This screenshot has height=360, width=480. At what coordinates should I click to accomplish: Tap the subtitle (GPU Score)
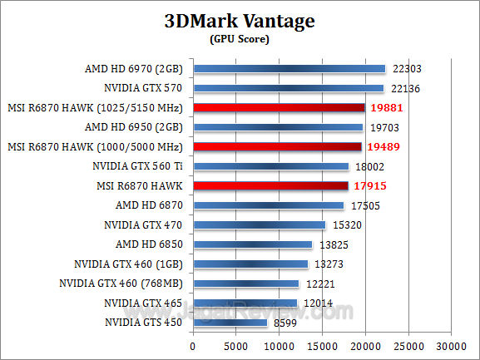pos(240,39)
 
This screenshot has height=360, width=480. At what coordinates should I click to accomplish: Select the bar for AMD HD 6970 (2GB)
pos(289,69)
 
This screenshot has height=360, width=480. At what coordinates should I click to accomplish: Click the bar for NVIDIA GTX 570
pos(288,88)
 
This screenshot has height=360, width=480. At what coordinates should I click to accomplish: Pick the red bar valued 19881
pos(279,107)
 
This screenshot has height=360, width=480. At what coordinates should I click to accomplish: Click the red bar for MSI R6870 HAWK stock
pos(270,185)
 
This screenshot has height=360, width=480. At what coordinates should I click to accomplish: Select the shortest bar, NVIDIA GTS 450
pos(230,323)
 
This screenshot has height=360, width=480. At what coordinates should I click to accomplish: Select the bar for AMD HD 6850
pos(252,244)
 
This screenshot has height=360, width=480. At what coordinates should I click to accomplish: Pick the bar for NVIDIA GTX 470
pos(259,224)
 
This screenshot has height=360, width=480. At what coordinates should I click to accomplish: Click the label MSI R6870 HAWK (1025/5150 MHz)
pos(96,107)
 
